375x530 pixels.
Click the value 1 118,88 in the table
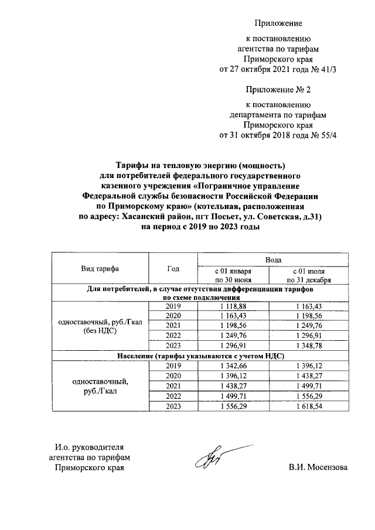(233, 307)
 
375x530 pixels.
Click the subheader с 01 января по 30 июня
(233, 276)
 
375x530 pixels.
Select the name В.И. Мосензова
(318, 468)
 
